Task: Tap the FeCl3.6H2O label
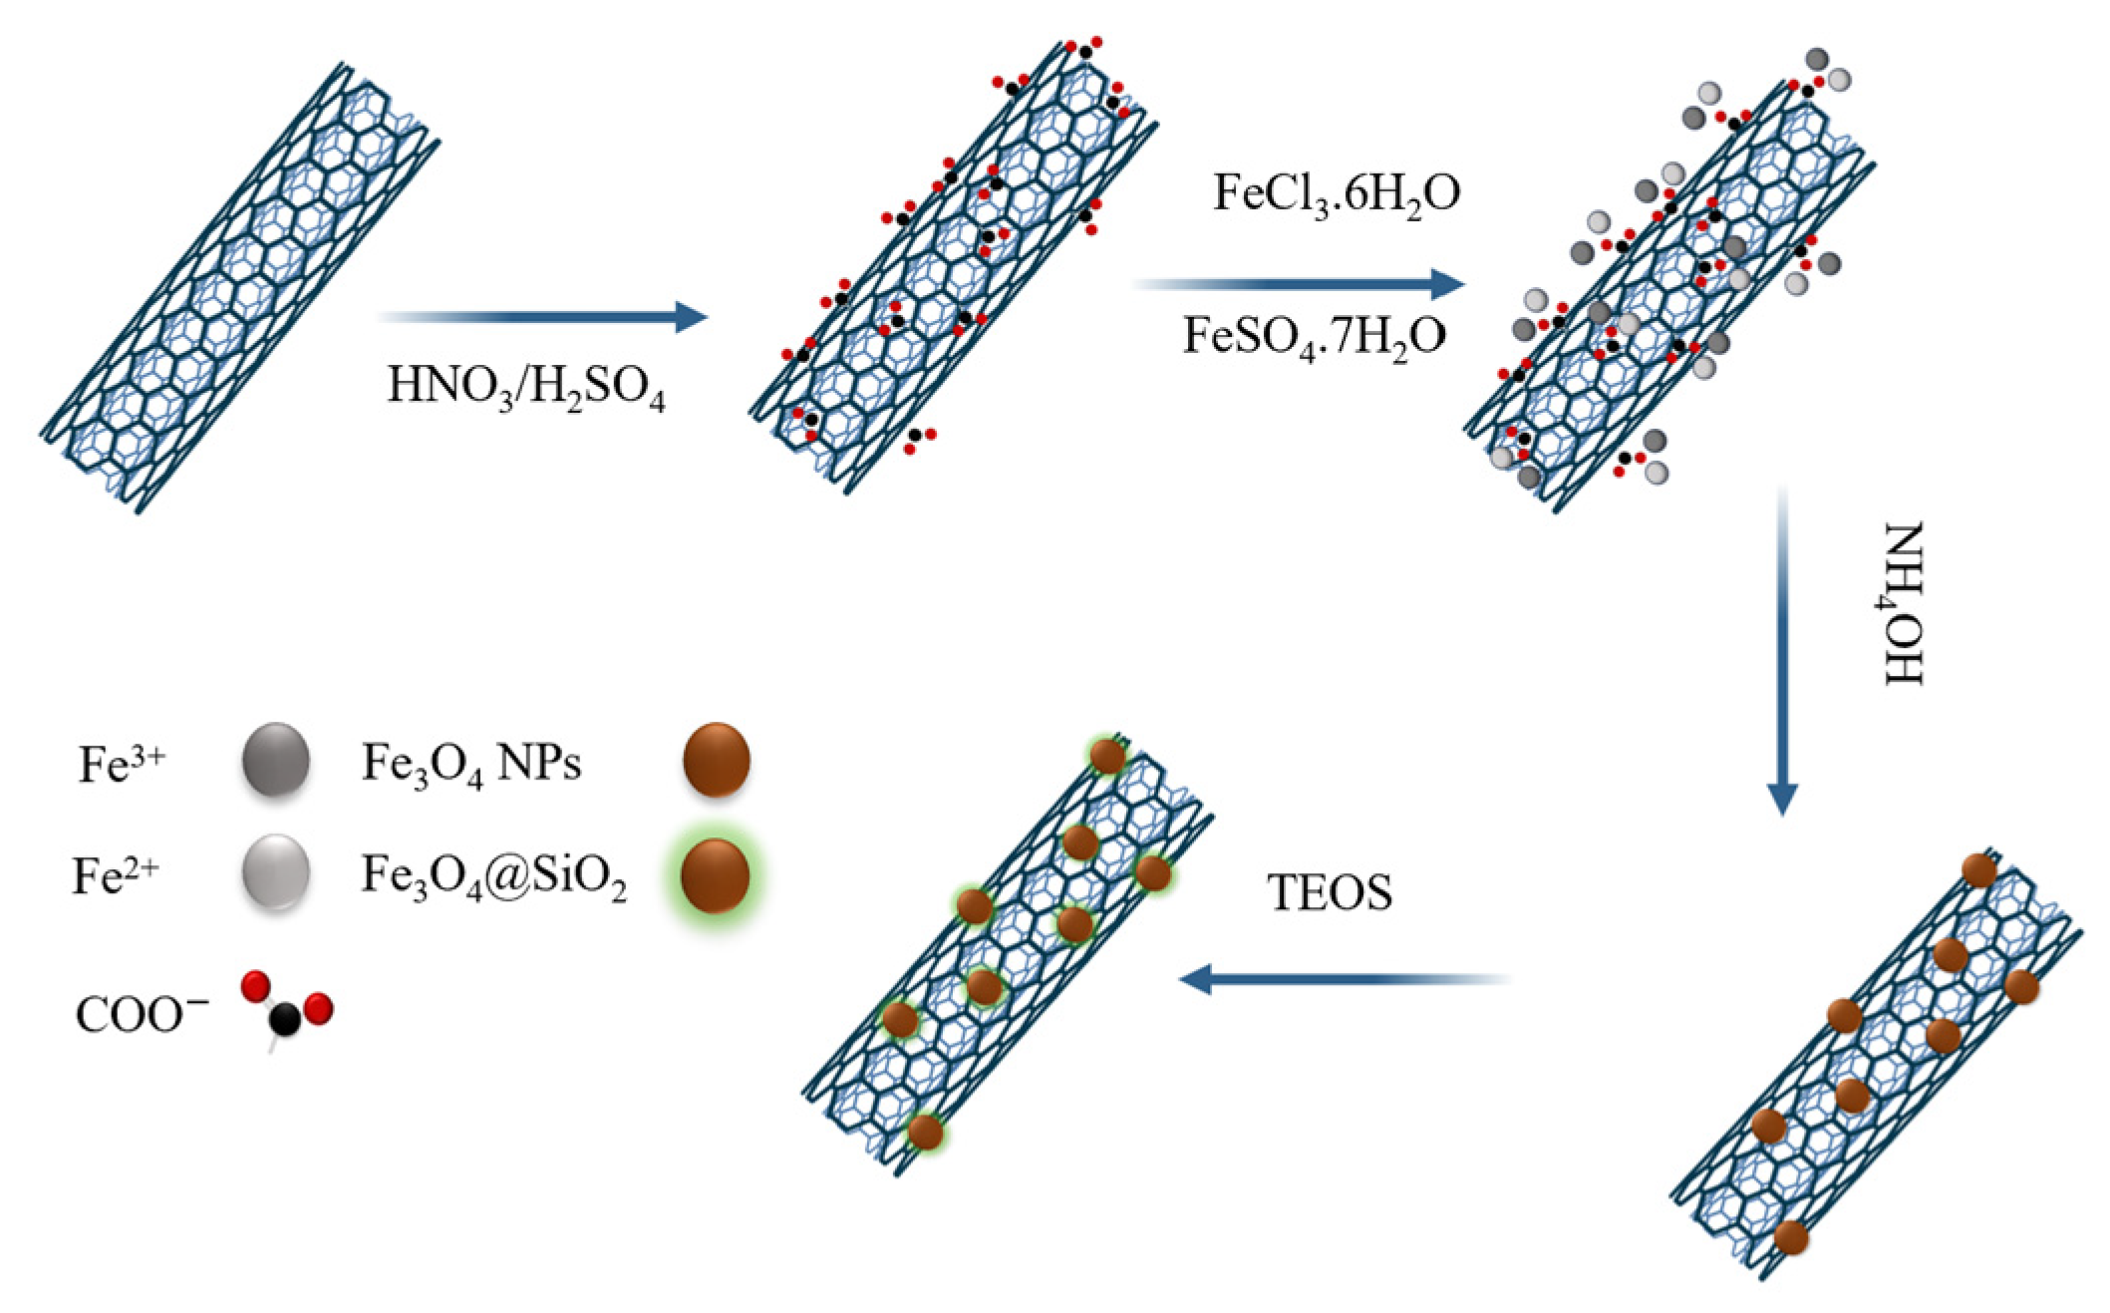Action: coord(1336,193)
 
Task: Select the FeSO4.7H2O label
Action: coord(1314,336)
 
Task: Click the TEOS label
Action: coord(1331,894)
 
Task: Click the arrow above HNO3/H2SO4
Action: coord(542,317)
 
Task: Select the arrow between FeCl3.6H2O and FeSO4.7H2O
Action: coord(1300,284)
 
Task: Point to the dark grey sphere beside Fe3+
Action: coord(276,763)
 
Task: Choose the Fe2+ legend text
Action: coord(117,877)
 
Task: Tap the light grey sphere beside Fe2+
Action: coord(276,874)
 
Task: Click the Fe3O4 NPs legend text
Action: coord(470,766)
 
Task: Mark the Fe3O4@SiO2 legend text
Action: coord(493,878)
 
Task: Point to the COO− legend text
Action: coord(142,1016)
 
